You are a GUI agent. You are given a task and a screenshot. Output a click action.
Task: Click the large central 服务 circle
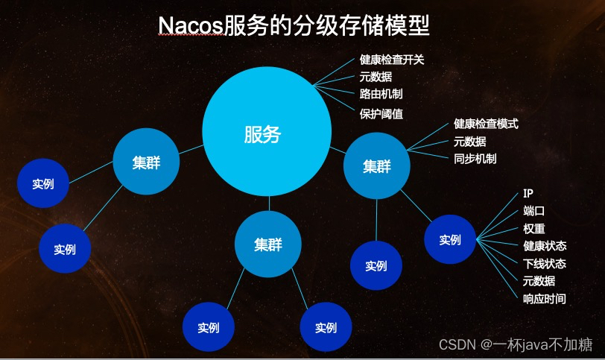[x=267, y=131]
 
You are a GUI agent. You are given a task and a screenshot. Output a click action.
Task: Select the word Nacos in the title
[x=191, y=26]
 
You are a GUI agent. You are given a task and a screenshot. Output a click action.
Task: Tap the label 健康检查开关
[x=392, y=60]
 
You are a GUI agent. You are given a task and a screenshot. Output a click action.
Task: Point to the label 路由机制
[x=381, y=94]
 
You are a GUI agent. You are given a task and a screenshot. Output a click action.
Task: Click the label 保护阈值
[x=381, y=114]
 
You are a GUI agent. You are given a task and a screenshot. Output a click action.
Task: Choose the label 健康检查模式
[x=486, y=124]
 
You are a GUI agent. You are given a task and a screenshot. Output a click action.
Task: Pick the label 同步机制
[x=475, y=159]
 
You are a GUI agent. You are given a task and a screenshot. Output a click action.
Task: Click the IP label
[x=528, y=193]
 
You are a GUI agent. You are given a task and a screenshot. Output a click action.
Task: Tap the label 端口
[x=534, y=211]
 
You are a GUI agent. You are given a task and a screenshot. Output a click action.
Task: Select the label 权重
[x=534, y=228]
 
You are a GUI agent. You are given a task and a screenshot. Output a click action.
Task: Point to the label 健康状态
[x=545, y=246]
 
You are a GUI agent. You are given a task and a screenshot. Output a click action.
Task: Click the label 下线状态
[x=545, y=264]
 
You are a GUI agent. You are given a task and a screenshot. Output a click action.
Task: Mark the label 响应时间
[x=545, y=299]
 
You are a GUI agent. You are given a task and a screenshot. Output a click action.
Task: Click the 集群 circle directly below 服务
[x=268, y=244]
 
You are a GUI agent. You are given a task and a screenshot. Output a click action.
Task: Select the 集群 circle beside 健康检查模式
[x=376, y=166]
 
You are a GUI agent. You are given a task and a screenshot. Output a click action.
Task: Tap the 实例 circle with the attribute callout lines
[x=450, y=239]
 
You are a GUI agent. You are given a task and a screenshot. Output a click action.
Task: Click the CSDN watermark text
[x=515, y=344]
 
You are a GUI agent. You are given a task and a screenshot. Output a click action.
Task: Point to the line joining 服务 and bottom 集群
[x=269, y=203]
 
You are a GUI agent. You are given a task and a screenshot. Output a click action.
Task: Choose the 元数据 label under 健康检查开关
[x=376, y=77]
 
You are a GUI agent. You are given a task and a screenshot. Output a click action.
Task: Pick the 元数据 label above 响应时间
[x=539, y=281]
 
